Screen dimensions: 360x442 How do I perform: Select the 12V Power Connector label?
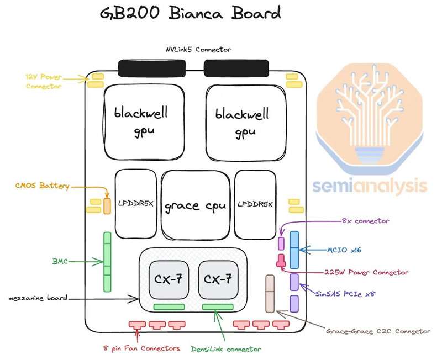43,81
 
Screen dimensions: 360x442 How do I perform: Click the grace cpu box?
196,207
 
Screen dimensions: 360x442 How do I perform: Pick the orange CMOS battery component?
107,205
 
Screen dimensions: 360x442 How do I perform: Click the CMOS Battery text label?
42,186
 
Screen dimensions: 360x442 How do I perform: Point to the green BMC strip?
107,262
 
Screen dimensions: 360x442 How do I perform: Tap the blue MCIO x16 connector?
294,250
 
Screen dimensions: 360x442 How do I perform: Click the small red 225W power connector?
281,259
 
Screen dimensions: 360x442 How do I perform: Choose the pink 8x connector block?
281,243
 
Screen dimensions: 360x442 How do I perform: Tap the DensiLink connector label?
225,349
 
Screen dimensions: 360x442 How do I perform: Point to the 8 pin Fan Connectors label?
142,348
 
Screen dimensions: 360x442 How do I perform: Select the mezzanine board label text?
38,298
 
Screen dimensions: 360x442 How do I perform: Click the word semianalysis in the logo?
370,186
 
